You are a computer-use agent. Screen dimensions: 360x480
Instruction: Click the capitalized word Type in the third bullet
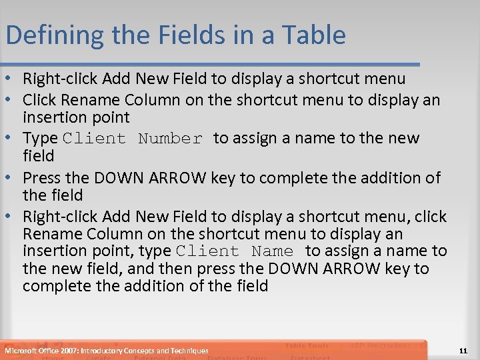pos(39,139)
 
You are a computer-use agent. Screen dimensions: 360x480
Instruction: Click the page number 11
pos(463,351)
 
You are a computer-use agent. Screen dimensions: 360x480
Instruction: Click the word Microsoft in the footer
pos(20,351)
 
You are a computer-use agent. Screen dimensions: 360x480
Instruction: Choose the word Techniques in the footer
pos(189,351)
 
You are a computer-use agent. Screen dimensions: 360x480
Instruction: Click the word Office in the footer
pos(48,351)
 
